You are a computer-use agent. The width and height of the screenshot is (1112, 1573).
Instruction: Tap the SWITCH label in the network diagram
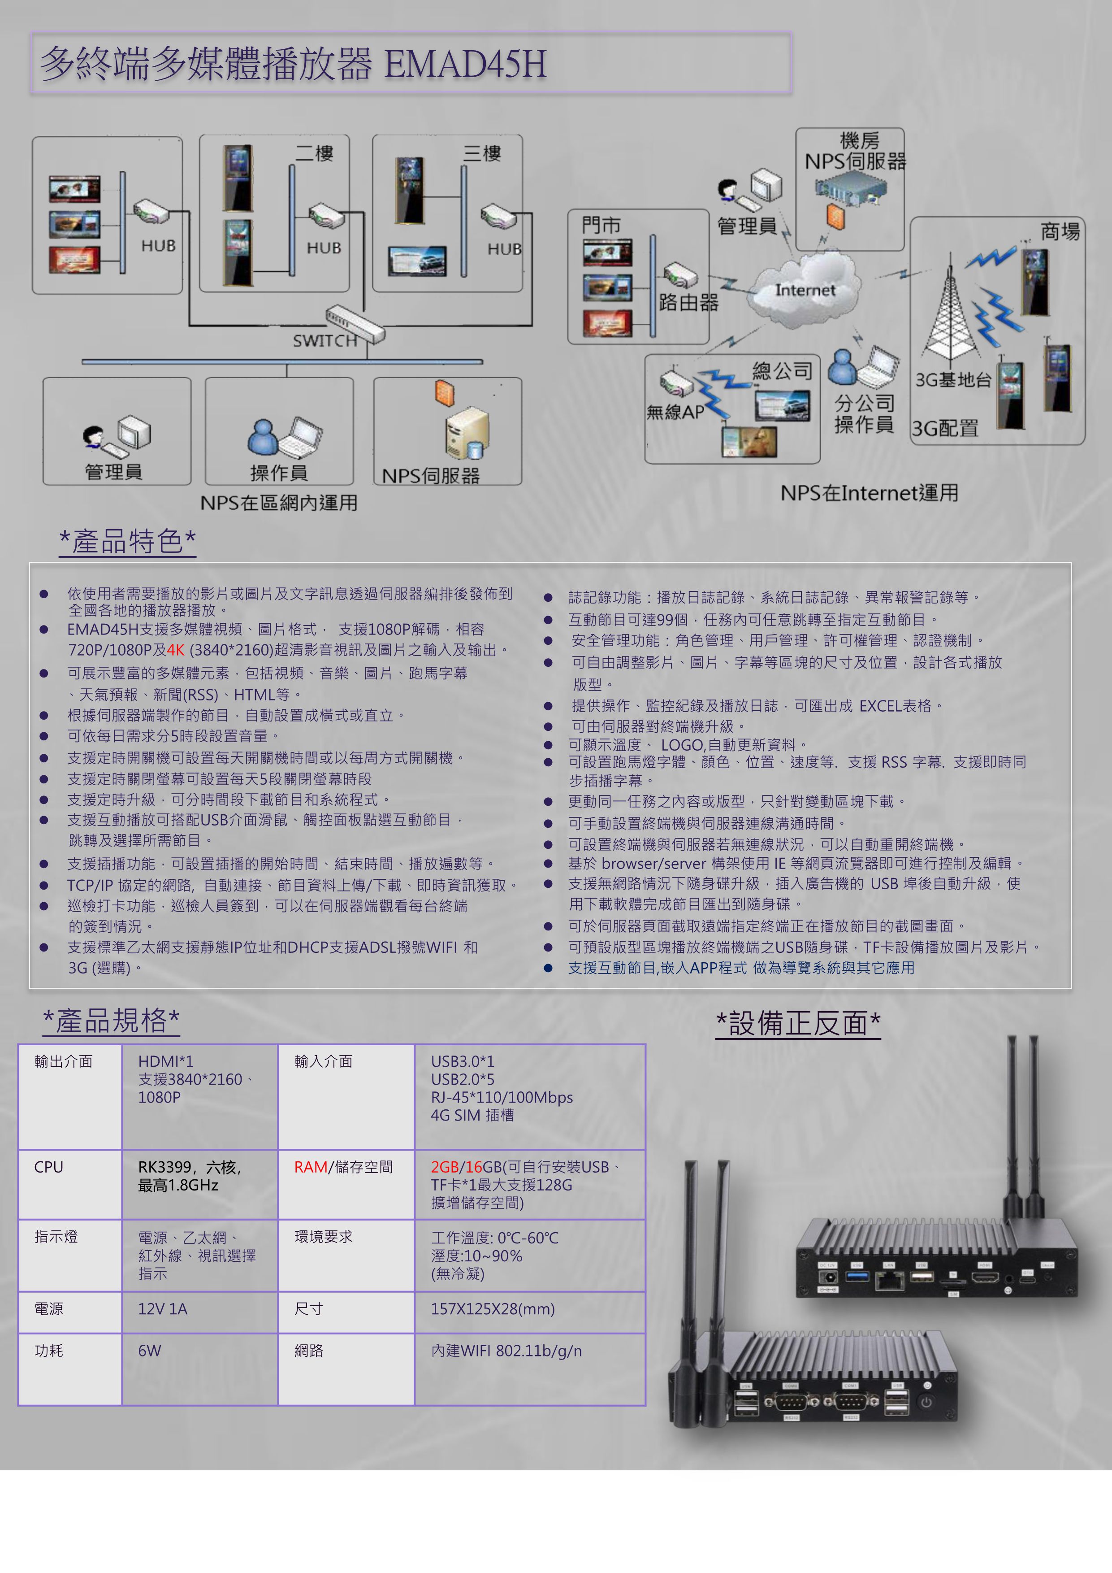[x=325, y=340]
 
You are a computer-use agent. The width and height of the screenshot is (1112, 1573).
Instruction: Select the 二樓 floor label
[x=314, y=153]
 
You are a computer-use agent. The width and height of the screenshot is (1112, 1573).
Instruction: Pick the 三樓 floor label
[x=482, y=153]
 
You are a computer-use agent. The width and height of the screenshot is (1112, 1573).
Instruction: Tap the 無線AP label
[x=675, y=412]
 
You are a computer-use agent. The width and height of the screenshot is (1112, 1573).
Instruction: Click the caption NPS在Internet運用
[x=869, y=493]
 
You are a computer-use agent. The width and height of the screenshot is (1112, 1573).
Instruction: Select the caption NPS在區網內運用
[x=279, y=503]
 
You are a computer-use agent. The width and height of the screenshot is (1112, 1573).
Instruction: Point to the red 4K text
[x=175, y=649]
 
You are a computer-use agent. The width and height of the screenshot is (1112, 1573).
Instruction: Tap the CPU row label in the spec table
[x=48, y=1167]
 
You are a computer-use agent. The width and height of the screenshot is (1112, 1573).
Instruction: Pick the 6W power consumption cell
[x=149, y=1350]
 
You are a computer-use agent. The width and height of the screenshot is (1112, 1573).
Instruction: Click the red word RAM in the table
[x=310, y=1167]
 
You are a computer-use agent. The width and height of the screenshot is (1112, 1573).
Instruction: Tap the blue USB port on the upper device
[x=857, y=1276]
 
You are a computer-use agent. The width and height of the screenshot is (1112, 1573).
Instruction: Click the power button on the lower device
[x=926, y=1403]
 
